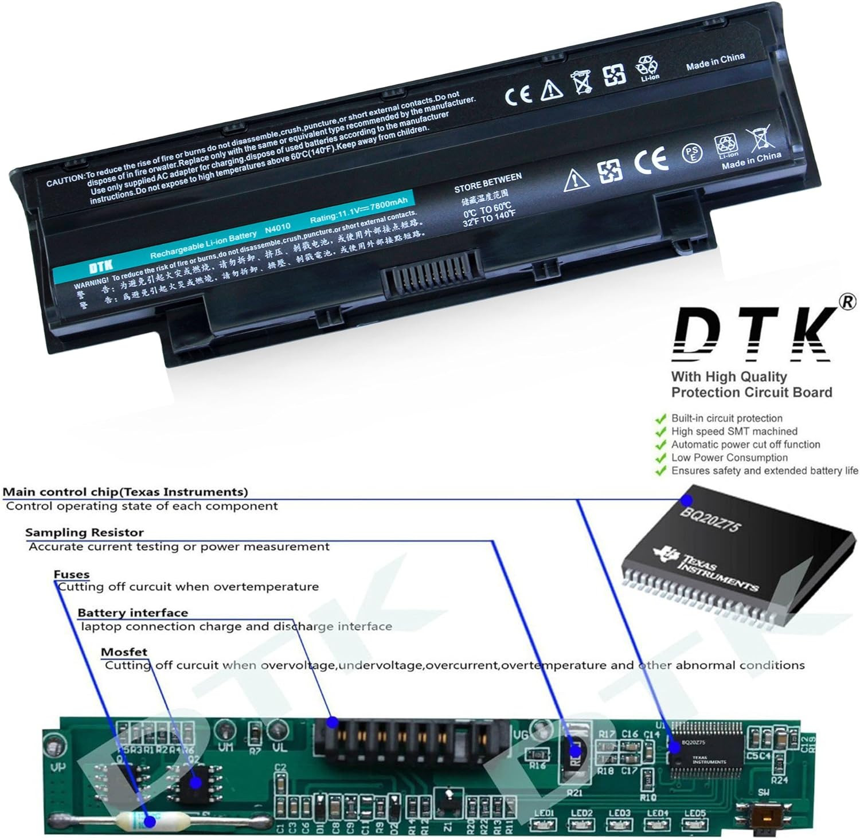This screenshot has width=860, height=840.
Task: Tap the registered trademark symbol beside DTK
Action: point(848,302)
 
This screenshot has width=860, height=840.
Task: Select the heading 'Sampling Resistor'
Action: point(84,533)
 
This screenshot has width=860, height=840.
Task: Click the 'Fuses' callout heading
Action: point(72,574)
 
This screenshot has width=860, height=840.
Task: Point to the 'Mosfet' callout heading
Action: point(124,652)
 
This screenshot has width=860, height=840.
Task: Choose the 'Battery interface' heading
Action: point(132,613)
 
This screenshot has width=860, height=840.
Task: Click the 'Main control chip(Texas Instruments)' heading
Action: point(126,492)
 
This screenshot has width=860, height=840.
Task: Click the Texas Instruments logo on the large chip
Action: point(667,554)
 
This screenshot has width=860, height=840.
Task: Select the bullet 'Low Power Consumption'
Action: point(729,458)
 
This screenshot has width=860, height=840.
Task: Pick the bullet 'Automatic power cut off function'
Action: point(745,445)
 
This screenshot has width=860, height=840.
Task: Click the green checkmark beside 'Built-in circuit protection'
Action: point(661,419)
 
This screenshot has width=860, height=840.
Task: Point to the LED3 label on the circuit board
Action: point(619,813)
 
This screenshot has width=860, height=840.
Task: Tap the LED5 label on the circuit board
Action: point(694,813)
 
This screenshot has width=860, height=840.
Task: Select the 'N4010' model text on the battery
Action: point(277,229)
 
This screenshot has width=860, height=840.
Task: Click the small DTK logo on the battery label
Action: point(101,265)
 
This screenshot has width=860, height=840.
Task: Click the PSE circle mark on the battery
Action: point(692,152)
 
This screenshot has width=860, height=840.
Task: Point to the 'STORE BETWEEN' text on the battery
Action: point(487,182)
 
